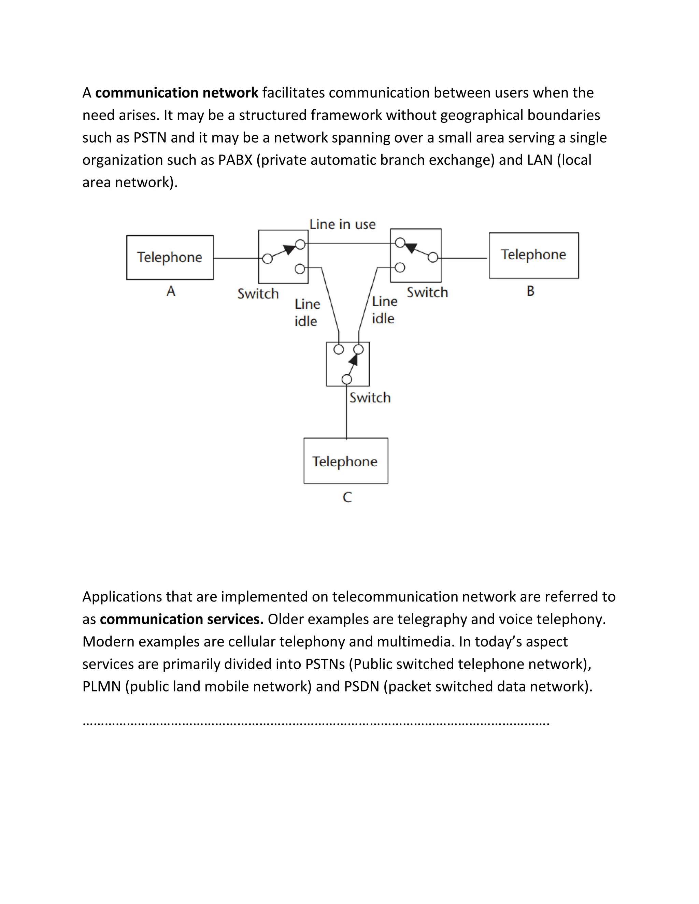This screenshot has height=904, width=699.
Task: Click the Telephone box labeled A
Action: pyautogui.click(x=170, y=258)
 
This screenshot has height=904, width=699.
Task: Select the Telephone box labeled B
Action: pyautogui.click(x=533, y=255)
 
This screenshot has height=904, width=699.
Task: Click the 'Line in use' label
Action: pyautogui.click(x=342, y=224)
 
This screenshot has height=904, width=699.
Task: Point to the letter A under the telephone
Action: pyautogui.click(x=171, y=291)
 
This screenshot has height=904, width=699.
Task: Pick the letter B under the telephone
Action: pyautogui.click(x=530, y=291)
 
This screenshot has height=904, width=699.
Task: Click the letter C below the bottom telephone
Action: pyautogui.click(x=347, y=497)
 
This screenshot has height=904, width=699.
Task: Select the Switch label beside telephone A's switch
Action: pyautogui.click(x=258, y=294)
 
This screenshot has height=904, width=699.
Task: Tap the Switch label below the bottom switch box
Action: pyautogui.click(x=370, y=398)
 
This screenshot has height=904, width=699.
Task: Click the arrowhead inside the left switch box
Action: pyautogui.click(x=289, y=250)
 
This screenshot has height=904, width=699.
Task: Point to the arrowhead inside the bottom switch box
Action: pyautogui.click(x=353, y=359)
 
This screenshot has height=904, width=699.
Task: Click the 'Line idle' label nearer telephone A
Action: pyautogui.click(x=307, y=312)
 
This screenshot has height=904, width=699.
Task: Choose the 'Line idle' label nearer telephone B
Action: pyautogui.click(x=384, y=310)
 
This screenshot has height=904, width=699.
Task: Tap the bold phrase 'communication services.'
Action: pyautogui.click(x=181, y=619)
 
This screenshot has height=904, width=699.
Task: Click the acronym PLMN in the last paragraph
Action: pyautogui.click(x=101, y=686)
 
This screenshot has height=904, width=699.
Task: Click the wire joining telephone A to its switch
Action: pyautogui.click(x=236, y=258)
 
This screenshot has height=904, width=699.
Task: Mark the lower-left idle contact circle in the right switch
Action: pyautogui.click(x=400, y=268)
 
